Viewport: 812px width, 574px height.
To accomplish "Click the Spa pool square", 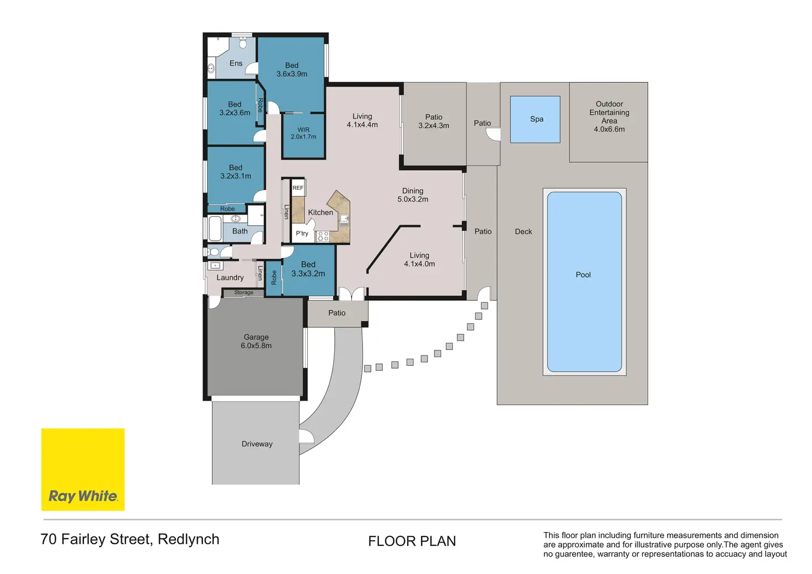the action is point(535,119).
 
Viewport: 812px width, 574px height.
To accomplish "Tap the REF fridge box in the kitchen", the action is point(298,188).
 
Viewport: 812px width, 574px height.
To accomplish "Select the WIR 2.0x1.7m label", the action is point(303,133).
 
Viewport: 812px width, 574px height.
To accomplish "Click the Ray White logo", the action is point(83,470).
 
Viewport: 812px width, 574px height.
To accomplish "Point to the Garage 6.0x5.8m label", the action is point(256,341).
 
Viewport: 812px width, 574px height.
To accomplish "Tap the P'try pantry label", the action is point(302,233).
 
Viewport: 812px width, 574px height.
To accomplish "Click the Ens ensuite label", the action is point(236,63).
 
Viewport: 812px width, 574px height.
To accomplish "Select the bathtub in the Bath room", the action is point(215,229).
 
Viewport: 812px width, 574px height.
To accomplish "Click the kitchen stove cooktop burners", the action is point(323,236).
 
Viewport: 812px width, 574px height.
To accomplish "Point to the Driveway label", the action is point(257,444).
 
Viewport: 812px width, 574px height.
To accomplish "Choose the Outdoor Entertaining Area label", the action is point(609,116).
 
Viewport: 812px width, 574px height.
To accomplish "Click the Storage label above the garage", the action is point(244,293).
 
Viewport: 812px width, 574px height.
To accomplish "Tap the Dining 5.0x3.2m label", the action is point(413,195).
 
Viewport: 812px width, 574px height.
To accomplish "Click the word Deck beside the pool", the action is point(523,231).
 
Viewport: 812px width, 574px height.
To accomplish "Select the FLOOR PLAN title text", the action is point(412,541).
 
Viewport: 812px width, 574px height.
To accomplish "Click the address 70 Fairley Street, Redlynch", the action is point(130,539).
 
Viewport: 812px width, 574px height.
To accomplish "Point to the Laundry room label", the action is point(230,278).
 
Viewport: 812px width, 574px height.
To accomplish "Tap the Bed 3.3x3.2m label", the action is point(308,269).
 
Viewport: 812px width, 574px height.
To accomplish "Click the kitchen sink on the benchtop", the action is point(344,220).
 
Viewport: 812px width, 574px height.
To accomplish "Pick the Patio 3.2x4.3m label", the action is point(434,121).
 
